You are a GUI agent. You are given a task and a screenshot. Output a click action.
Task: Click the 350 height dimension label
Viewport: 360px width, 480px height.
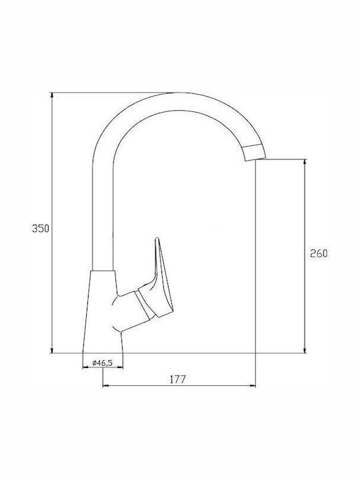pyautogui.click(x=41, y=229)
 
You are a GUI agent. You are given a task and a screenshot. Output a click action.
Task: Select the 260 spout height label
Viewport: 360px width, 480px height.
pyautogui.click(x=319, y=253)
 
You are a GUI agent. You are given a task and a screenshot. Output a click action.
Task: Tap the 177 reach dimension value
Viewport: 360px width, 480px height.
pyautogui.click(x=178, y=379)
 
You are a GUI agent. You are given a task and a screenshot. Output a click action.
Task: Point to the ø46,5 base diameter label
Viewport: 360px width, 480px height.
pyautogui.click(x=103, y=363)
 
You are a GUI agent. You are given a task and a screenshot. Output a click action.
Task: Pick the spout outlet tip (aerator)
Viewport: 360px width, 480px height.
pyautogui.click(x=254, y=152)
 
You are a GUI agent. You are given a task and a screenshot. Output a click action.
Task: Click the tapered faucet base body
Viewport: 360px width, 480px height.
pyautogui.click(x=103, y=311)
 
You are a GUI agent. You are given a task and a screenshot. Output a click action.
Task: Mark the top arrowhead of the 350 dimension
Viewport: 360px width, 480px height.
pyautogui.click(x=52, y=95)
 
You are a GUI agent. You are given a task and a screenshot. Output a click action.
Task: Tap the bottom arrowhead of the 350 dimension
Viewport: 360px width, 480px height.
pyautogui.click(x=52, y=350)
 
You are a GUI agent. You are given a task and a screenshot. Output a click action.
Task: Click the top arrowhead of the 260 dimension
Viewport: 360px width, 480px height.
pyautogui.click(x=305, y=162)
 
